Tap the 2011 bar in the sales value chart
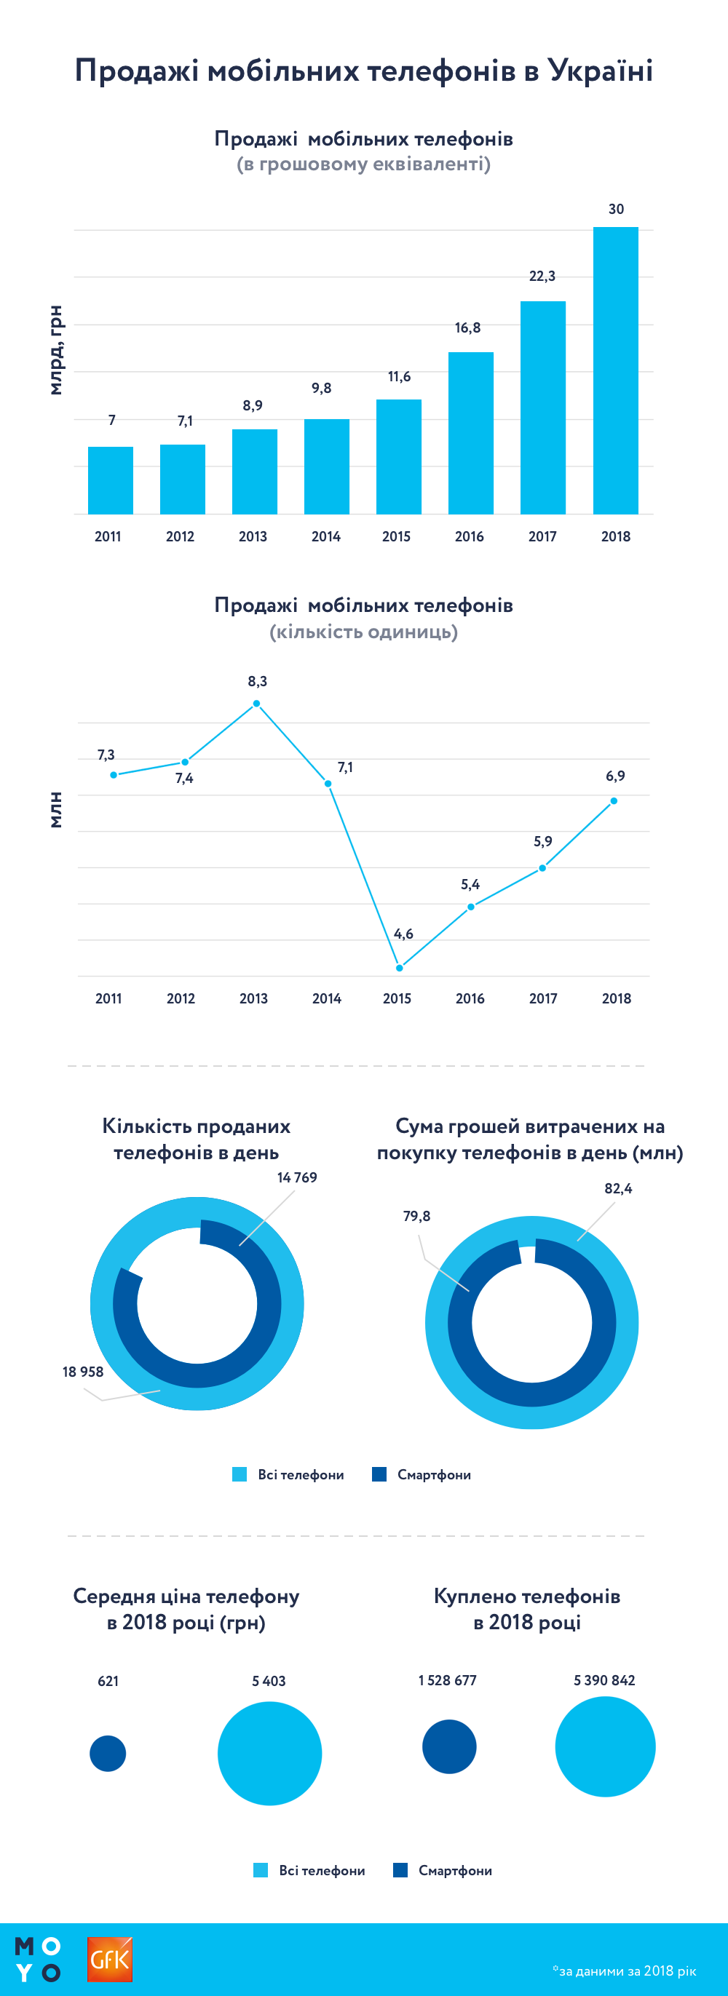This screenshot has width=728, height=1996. pos(110,480)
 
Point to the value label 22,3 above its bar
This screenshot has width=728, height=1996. pos(542,276)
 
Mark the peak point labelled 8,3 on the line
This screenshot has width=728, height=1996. pos(257,704)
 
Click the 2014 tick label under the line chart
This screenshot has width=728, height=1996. pos(326,998)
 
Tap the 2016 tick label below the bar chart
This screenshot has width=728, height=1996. pos(469,536)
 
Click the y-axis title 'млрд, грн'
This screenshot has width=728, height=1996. pos(55,350)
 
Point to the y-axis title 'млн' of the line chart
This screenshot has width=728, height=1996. pos(55,810)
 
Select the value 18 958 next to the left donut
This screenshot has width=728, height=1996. pos(83,1372)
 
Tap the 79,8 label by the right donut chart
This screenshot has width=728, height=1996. pos(416,1216)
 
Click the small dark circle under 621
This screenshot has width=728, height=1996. pos(108,1753)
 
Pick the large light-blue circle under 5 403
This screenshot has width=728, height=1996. pos(269,1753)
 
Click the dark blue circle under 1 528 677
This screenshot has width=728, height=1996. pos(449,1746)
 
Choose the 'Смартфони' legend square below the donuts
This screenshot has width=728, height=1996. pos(379,1474)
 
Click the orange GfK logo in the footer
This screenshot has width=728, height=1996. pos(109,1959)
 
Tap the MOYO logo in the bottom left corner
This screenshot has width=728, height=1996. pos(37,1959)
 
